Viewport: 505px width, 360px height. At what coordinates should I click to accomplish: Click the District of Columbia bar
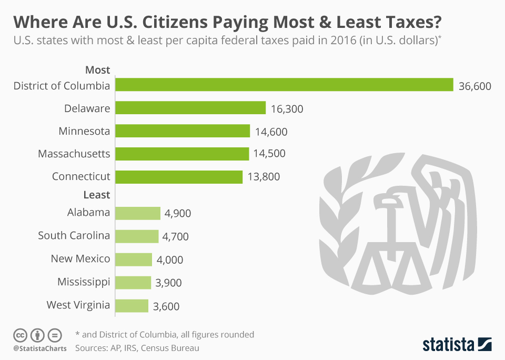click(x=284, y=85)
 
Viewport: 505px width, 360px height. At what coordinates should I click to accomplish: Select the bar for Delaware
click(x=190, y=108)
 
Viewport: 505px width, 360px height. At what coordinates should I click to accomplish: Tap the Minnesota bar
click(x=182, y=131)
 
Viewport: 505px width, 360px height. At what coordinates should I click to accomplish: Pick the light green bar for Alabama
click(x=137, y=213)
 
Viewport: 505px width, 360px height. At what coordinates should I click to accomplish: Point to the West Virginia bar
click(x=132, y=306)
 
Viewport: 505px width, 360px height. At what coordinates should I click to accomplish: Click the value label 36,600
click(x=474, y=86)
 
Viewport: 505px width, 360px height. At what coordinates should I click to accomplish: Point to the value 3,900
click(x=169, y=283)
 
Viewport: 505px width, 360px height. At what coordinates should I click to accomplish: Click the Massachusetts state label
click(x=74, y=154)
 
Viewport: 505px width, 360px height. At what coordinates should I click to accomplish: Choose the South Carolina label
click(x=74, y=235)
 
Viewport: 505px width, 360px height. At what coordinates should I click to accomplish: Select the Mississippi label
click(x=84, y=282)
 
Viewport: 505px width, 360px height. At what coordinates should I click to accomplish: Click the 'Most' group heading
click(x=97, y=70)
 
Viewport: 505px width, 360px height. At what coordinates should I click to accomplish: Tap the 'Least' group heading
click(x=97, y=195)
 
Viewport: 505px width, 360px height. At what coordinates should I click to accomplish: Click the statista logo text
click(x=447, y=345)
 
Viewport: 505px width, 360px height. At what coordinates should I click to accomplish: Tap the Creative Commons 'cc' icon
click(x=20, y=335)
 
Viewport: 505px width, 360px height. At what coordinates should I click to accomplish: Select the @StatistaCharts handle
click(x=39, y=348)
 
